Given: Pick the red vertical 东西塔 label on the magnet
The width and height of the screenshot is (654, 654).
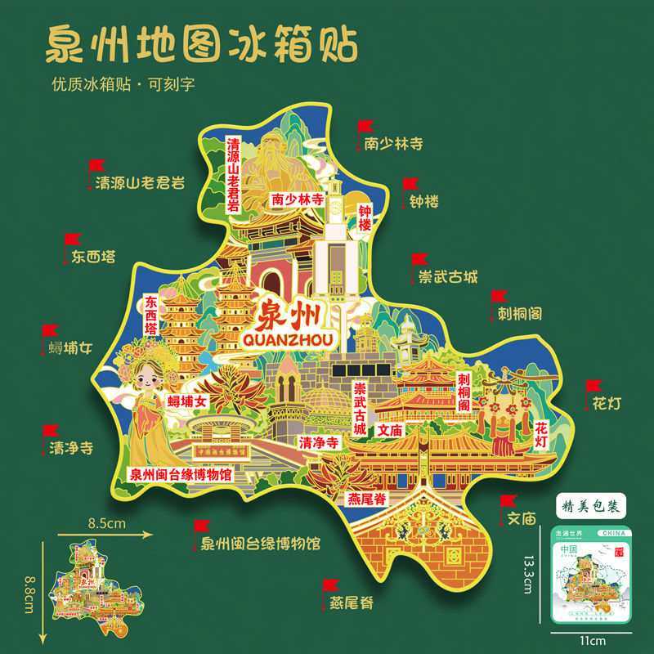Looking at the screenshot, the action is (x=151, y=315).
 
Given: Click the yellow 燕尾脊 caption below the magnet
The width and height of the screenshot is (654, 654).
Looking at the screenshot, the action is (x=352, y=604).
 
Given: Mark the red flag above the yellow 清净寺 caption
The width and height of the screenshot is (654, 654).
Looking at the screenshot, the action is (x=51, y=430).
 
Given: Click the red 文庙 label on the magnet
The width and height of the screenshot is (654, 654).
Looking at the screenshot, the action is (x=389, y=429).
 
